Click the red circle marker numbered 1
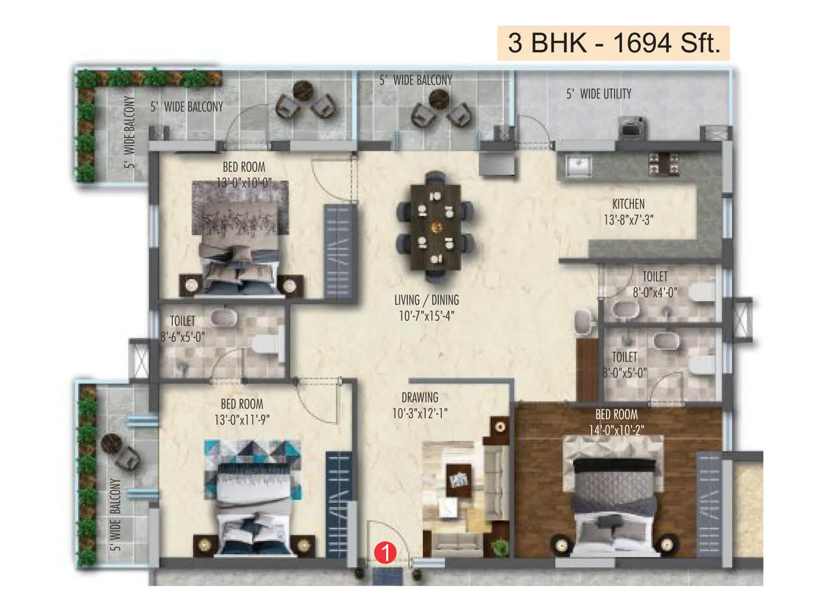click(385, 553)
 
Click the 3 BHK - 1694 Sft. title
click(613, 43)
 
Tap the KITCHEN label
click(628, 204)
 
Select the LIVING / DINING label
click(426, 300)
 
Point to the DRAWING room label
click(420, 397)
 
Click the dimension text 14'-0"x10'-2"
click(616, 430)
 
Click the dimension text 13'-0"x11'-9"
click(242, 420)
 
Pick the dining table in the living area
click(435, 226)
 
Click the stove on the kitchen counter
click(664, 164)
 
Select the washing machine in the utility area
click(632, 127)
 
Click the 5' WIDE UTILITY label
click(598, 94)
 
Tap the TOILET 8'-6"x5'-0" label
click(182, 329)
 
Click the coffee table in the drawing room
click(459, 479)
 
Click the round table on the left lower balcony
click(110, 444)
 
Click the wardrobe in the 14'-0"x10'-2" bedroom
click(709, 505)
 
